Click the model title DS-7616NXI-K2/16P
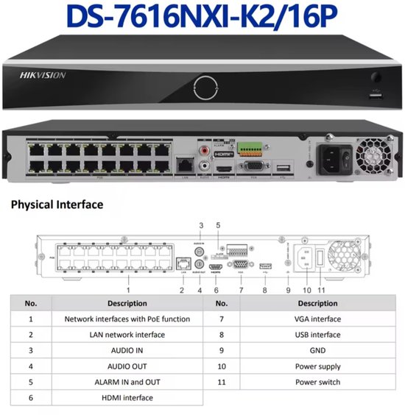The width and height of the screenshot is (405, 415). click(x=202, y=17)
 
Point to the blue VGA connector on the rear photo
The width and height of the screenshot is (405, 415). click(x=254, y=168)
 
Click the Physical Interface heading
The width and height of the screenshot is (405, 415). click(x=57, y=205)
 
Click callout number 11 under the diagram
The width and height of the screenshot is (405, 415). click(x=321, y=290)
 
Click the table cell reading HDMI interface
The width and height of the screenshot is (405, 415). click(x=127, y=398)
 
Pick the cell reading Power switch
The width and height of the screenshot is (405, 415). click(x=317, y=382)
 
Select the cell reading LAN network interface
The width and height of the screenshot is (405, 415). click(x=127, y=335)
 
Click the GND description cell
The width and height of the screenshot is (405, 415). click(x=317, y=350)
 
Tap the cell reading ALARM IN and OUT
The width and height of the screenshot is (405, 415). click(x=127, y=382)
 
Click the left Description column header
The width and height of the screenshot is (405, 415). click(x=127, y=303)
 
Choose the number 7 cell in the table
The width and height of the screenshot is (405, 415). click(x=221, y=319)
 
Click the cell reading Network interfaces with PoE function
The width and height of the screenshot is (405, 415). click(x=127, y=319)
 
